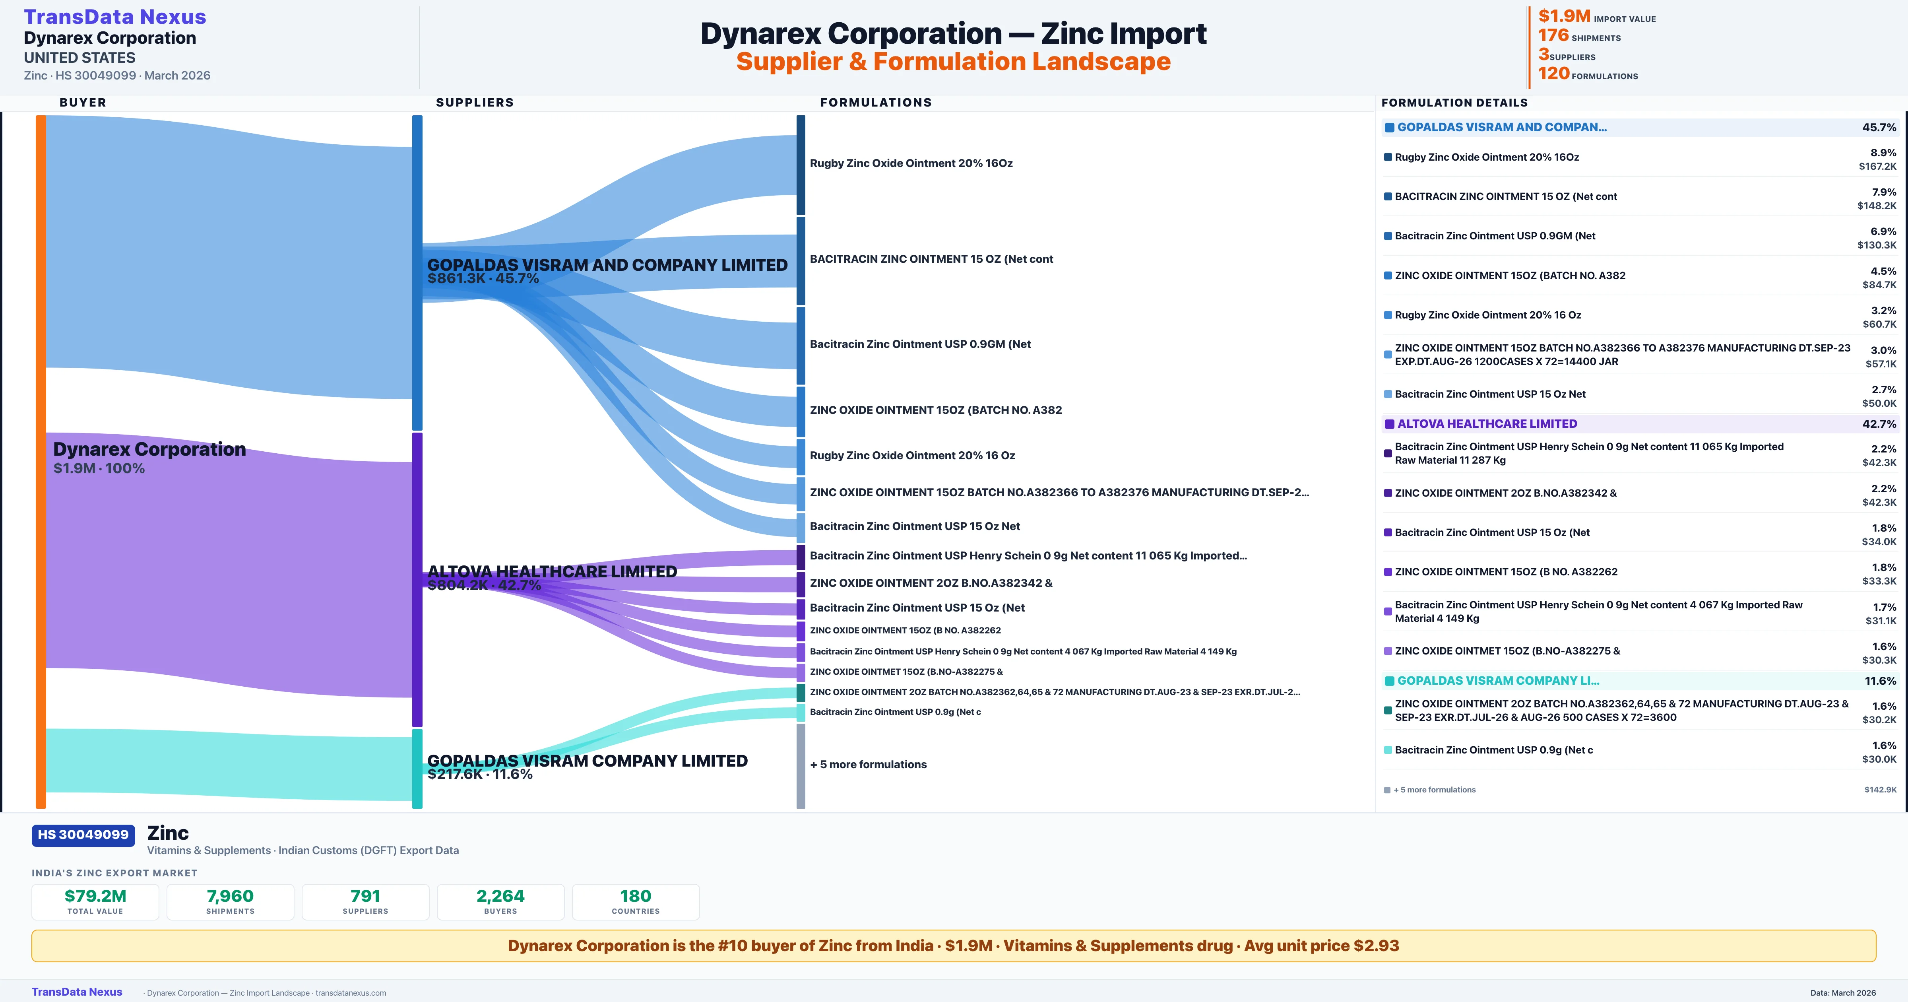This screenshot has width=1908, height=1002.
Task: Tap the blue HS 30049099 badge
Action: (83, 835)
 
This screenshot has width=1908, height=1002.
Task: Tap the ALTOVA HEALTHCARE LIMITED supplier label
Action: (552, 571)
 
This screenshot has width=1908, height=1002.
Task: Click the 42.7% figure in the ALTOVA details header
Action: (1879, 424)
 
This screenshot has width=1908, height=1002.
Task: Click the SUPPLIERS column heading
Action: (475, 102)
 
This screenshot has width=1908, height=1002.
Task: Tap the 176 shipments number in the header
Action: (1553, 35)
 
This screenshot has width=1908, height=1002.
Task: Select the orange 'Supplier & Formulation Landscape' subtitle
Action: (953, 62)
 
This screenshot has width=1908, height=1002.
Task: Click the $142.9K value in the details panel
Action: (1880, 790)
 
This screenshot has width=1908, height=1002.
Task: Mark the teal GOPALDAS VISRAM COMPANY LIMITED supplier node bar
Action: (417, 769)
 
